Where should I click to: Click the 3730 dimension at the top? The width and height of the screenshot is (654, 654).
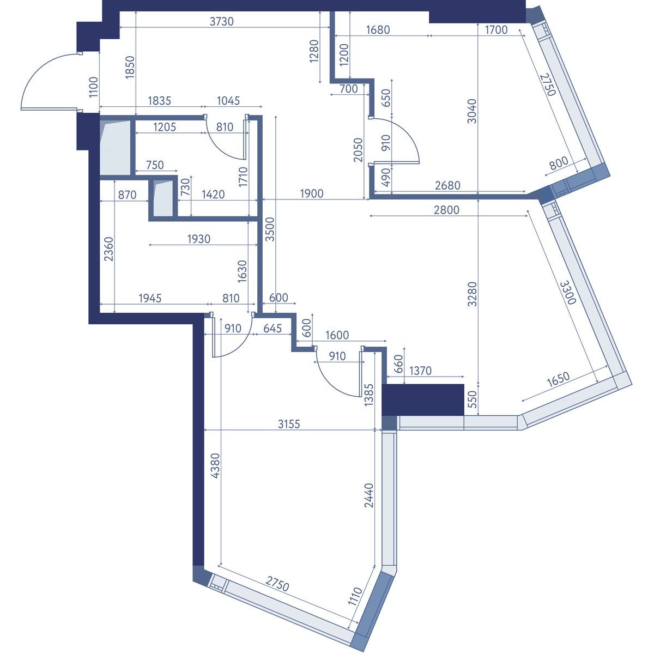tap(222, 21)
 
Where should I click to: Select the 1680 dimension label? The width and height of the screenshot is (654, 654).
tap(378, 30)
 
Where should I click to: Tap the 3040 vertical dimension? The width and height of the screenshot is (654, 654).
tap(472, 111)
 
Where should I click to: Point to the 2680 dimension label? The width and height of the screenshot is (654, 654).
tap(447, 185)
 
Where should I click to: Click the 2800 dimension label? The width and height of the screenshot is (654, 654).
tap(447, 210)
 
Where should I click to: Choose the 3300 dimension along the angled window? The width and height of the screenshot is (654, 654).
tap(568, 293)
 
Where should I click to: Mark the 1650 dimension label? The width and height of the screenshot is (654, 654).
tap(558, 379)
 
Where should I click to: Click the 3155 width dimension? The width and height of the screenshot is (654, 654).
tap(289, 424)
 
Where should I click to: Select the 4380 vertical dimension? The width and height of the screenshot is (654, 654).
tap(215, 466)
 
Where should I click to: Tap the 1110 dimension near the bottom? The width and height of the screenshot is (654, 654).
tap(355, 597)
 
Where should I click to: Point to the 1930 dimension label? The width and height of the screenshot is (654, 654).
tap(199, 239)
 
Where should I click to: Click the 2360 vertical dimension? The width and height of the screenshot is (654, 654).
tap(108, 249)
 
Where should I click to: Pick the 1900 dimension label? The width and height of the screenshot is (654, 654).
tap(312, 194)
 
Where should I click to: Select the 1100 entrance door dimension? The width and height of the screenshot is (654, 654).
tap(93, 87)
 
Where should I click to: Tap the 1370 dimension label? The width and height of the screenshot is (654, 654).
tap(420, 371)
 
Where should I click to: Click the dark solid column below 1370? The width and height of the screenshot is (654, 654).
tap(423, 399)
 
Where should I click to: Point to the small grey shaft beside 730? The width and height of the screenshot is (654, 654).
tap(163, 198)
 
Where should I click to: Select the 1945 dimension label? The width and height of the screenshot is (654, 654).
tap(150, 298)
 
